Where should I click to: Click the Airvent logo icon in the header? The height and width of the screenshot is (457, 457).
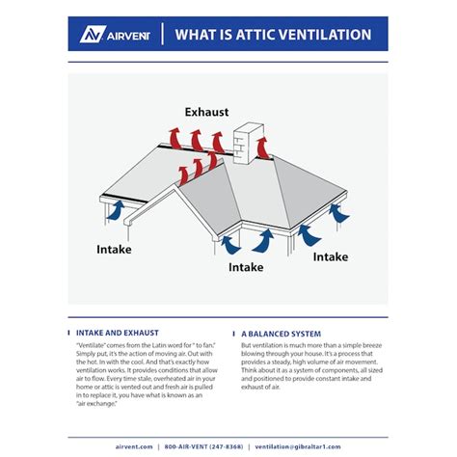tap(93, 34)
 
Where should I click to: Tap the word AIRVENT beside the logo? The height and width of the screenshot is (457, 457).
tap(126, 35)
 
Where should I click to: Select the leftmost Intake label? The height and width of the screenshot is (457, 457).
tap(115, 249)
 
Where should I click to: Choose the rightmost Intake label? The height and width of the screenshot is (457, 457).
tap(331, 256)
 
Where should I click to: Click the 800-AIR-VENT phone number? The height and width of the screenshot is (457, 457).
tap(203, 447)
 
